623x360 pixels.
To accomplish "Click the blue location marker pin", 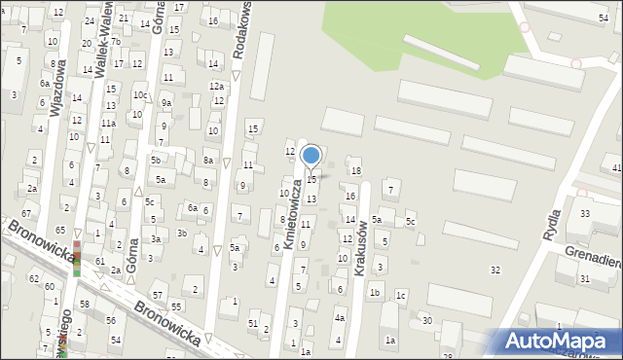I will (x=311, y=156).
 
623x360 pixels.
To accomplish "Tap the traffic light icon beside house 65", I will (x=77, y=251).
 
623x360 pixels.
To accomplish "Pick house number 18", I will (x=356, y=171).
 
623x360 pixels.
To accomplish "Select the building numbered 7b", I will (x=114, y=42).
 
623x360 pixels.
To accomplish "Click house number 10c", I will (x=140, y=95).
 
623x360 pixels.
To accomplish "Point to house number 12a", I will (x=216, y=87).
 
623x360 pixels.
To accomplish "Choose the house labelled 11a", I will (x=108, y=125).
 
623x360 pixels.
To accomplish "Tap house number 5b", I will (x=154, y=160).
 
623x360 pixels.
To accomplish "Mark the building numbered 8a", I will (x=208, y=160).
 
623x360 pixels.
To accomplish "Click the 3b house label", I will (x=182, y=233).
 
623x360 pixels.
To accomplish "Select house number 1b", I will (x=374, y=292).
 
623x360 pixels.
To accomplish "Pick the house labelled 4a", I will (x=340, y=317).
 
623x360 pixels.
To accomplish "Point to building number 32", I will (x=495, y=270).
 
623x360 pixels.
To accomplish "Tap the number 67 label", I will (x=26, y=213).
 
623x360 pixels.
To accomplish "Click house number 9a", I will (x=166, y=103).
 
